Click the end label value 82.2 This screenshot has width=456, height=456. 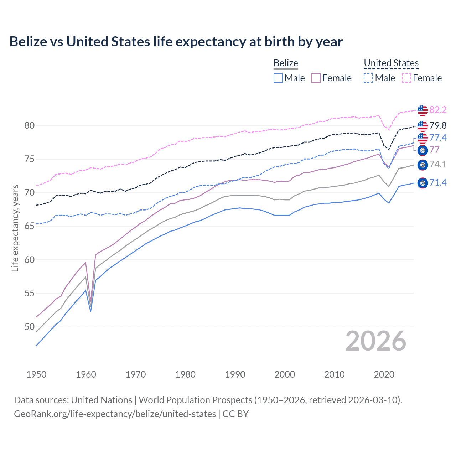coord(438,110)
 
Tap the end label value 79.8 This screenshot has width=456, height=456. coord(438,125)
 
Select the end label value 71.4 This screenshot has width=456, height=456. coord(438,183)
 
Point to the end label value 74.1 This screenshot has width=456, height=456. coord(438,164)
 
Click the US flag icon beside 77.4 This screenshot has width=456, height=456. coord(423,138)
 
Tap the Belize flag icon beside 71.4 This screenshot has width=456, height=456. coord(423,183)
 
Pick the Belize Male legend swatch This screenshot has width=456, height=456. coord(278,78)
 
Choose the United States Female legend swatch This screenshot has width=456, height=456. coord(406,78)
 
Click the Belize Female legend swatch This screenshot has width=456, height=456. coord(316,78)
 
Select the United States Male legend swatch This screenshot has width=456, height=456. coord(368,78)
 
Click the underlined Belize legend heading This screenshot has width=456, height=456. coord(286,63)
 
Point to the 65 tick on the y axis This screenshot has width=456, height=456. coord(30,226)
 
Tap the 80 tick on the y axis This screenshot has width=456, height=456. coord(30,125)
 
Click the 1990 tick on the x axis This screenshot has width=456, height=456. coord(235,374)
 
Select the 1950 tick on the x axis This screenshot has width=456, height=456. coord(36,374)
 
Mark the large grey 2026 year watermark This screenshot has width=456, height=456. coord(376,341)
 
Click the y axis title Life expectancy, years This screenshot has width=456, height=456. coord(15,228)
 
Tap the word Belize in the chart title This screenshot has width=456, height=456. coord(28,42)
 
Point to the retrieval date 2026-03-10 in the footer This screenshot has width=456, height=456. coord(374,400)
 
